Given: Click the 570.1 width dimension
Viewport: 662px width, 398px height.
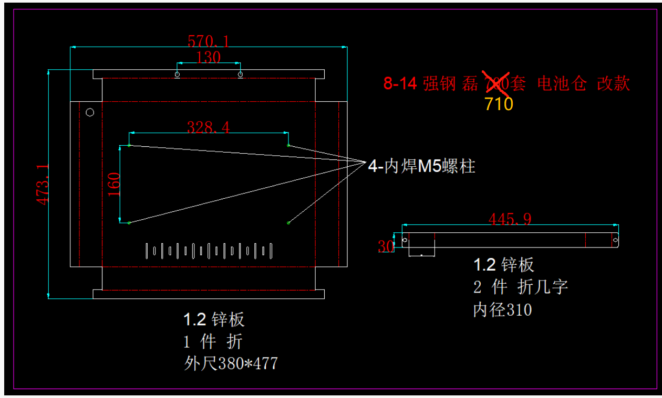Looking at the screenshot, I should [209, 40].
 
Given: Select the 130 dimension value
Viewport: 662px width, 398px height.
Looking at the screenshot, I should [209, 57].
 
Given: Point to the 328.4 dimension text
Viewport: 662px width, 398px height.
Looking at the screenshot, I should [209, 127].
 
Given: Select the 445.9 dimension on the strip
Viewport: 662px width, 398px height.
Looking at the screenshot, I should [510, 219].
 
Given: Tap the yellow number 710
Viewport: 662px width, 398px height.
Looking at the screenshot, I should [499, 104].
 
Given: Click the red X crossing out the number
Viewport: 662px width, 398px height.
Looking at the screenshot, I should [498, 84].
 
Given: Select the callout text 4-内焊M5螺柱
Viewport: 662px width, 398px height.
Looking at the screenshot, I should [421, 167].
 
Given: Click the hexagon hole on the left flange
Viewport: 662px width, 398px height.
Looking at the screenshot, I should [90, 112].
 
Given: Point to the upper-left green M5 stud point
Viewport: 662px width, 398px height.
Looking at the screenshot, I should [129, 145].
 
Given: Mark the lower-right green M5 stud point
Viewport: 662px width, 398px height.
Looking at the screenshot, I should [288, 223].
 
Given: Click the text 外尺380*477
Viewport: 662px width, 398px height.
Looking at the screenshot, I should [231, 363].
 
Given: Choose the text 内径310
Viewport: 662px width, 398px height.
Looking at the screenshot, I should [502, 310].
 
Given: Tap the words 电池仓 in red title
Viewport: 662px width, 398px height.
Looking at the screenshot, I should [562, 84].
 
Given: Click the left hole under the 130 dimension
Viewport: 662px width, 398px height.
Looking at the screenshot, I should [177, 74].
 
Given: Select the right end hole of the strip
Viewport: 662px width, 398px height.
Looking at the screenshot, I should [614, 240].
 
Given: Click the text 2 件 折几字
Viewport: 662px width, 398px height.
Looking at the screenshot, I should [521, 287].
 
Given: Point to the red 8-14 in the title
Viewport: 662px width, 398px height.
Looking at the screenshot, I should [400, 84].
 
